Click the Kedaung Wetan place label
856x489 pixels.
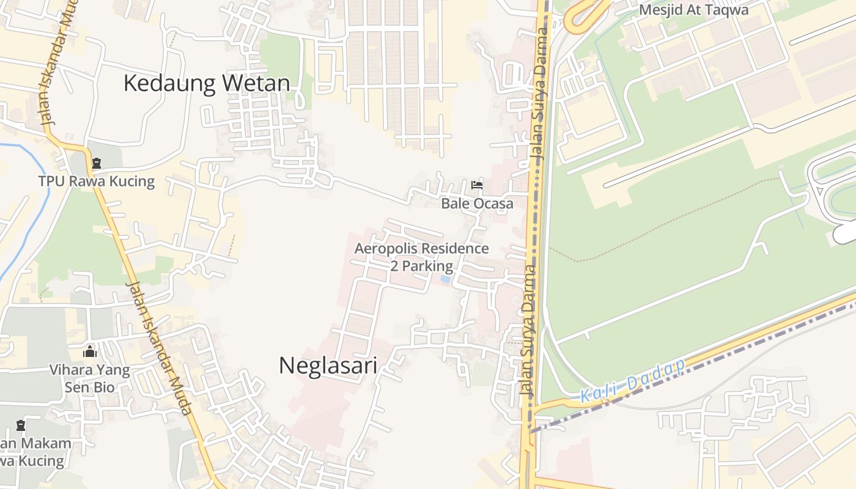click(207, 83)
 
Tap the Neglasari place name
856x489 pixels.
click(328, 366)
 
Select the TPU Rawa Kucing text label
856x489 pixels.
click(97, 182)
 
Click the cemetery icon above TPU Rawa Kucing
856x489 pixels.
click(96, 163)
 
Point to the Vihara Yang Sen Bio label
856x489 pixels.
click(89, 378)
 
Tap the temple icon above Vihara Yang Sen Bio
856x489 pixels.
click(90, 351)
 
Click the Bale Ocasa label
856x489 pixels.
click(477, 204)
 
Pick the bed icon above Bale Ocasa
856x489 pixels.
click(477, 185)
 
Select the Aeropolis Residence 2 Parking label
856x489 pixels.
click(422, 257)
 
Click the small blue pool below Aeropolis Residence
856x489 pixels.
click(446, 279)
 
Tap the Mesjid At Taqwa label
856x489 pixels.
click(693, 10)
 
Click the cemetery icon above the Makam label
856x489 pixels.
click(21, 425)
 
